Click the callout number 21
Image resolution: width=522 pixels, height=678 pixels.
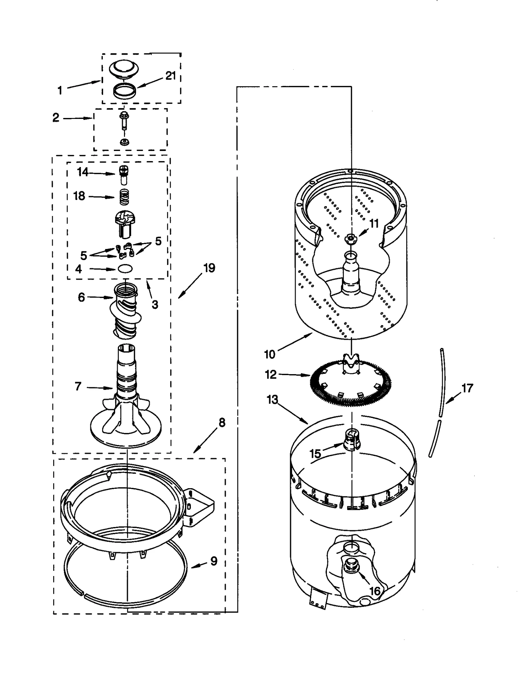tap(170, 76)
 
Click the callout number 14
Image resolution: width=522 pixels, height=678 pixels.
tap(83, 172)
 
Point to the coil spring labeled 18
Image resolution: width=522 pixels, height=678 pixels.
tap(124, 197)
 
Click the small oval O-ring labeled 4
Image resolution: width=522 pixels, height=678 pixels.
tap(125, 269)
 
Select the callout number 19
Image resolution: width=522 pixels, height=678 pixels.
tap(209, 268)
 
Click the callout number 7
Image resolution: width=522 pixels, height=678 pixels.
tap(78, 387)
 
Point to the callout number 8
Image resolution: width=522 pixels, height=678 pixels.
tap(222, 422)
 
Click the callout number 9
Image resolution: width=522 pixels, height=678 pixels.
tap(214, 561)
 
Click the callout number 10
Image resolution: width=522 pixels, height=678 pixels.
tap(269, 354)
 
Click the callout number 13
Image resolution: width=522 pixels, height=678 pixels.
tap(272, 399)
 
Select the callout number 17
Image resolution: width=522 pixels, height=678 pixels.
tap(467, 388)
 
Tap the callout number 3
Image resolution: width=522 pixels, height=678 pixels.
tap(155, 305)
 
